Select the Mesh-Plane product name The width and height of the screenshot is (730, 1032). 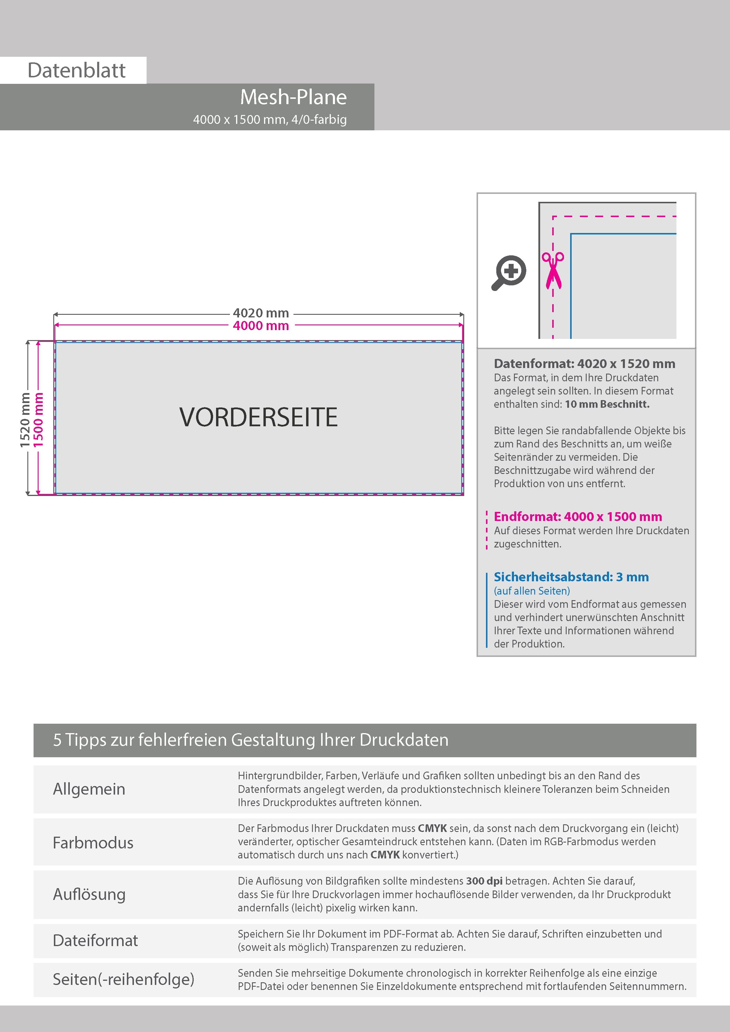click(293, 97)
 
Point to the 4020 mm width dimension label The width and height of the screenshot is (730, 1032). click(261, 313)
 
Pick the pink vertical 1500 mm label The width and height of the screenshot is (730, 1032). click(39, 420)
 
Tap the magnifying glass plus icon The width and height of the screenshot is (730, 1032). click(509, 272)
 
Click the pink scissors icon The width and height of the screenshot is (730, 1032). click(553, 270)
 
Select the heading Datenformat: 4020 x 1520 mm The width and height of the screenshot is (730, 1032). click(584, 364)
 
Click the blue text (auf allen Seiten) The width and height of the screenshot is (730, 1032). click(532, 591)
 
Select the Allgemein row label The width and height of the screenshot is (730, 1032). click(89, 789)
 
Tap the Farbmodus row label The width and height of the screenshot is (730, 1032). click(93, 842)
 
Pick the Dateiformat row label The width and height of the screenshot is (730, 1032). click(95, 940)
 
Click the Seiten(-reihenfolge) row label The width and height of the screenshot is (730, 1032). click(123, 979)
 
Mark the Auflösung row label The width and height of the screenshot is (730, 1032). click(89, 894)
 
